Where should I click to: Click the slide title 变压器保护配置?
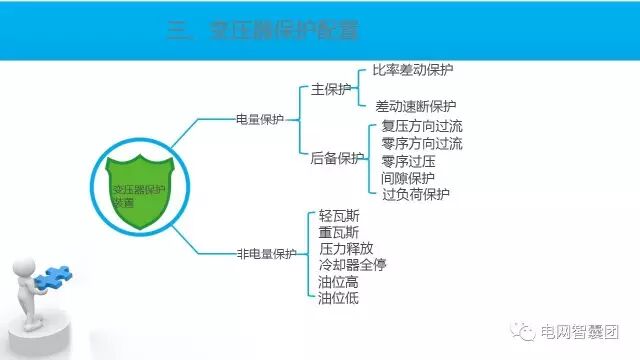point(261,32)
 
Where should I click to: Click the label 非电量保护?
point(266,254)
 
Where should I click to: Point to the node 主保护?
point(331,89)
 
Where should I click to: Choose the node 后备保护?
point(338,157)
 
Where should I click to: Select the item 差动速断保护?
point(415,106)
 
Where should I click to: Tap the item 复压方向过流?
point(422,127)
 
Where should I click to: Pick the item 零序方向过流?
point(422,144)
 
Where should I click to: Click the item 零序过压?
point(408,161)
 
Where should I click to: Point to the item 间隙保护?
point(408,177)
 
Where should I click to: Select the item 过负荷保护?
point(415,194)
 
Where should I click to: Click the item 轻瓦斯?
point(339,215)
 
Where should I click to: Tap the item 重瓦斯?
point(339,232)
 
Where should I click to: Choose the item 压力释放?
point(346,248)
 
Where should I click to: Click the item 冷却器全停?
point(352,265)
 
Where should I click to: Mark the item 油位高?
point(339,282)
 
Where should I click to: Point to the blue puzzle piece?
point(55,276)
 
